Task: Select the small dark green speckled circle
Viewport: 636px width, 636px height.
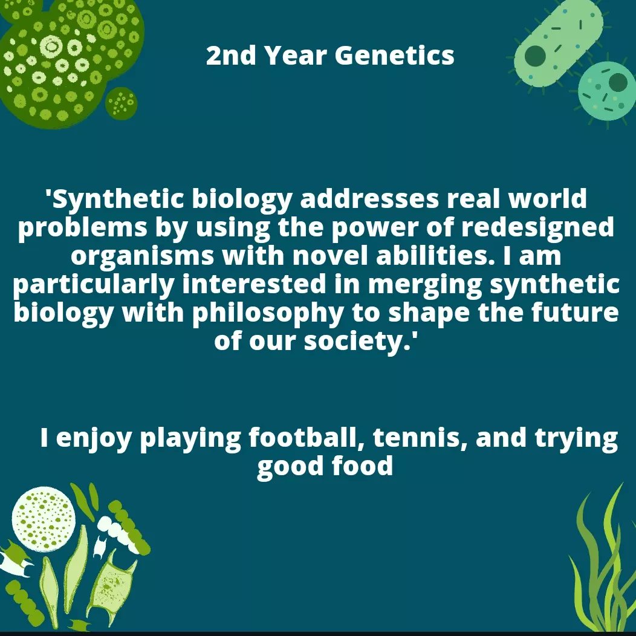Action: pos(122,103)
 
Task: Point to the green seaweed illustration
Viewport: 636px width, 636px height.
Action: pos(601,568)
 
